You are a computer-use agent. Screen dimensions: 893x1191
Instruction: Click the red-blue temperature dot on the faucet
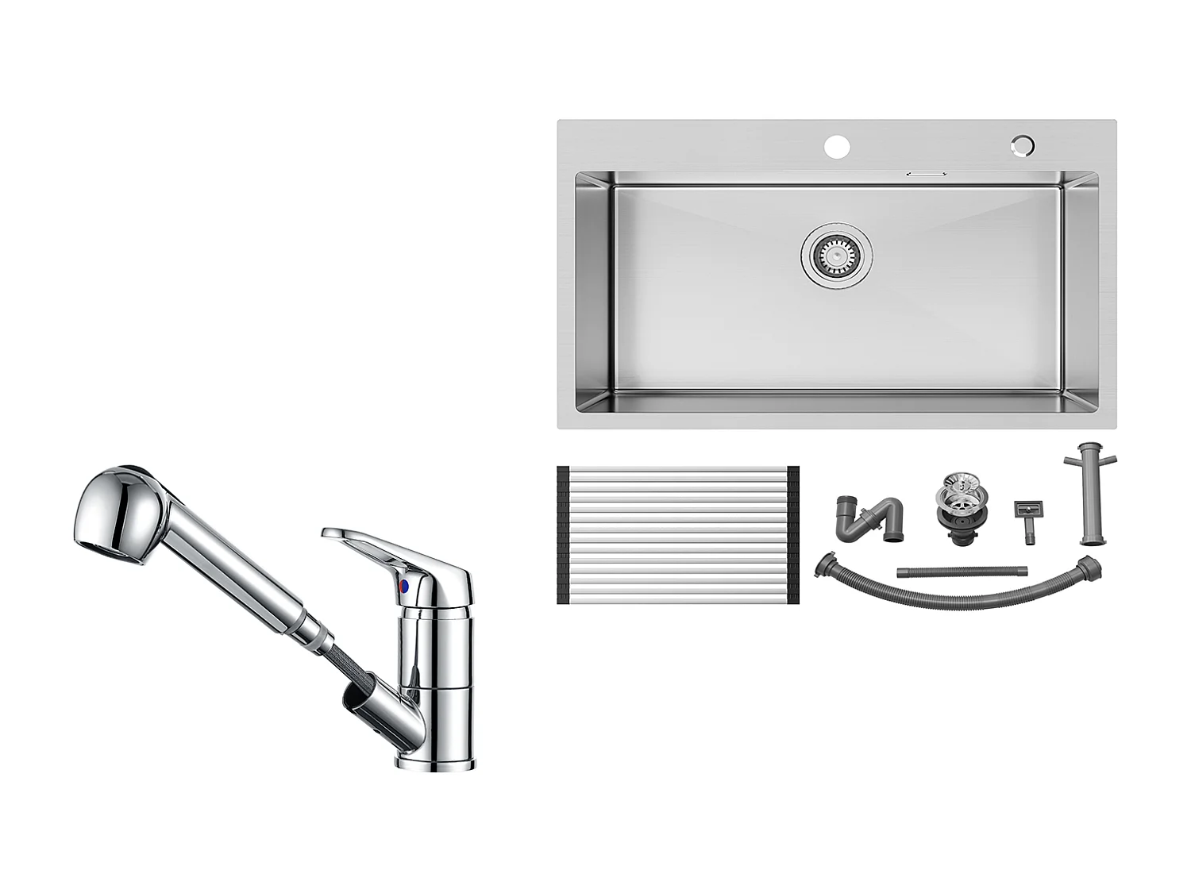click(405, 587)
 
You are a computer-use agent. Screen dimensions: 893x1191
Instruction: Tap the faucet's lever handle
click(373, 544)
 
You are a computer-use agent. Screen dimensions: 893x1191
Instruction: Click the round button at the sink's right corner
click(1023, 145)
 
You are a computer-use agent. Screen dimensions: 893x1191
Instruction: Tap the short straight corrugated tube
click(962, 571)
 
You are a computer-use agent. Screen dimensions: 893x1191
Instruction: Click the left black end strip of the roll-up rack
click(563, 536)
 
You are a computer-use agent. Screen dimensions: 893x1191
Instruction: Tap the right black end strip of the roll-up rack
click(792, 536)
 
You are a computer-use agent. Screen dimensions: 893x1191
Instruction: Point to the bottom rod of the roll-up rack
click(677, 599)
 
